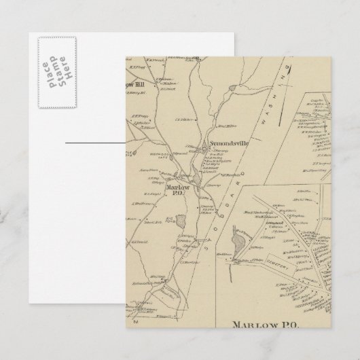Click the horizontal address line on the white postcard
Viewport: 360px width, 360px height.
(x=95, y=143)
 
